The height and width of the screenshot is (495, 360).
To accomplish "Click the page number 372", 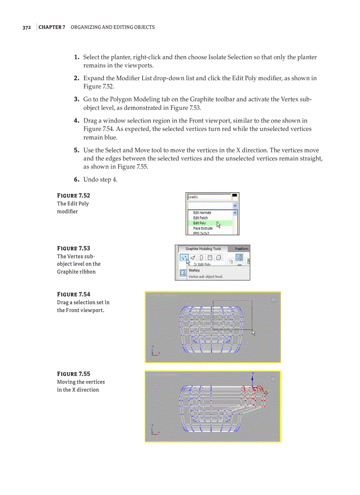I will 26,27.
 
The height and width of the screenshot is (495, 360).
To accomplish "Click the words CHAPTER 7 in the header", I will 52,27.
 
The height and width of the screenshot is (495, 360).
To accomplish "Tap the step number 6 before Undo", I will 76,179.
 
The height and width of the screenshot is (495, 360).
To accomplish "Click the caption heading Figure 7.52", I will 73,195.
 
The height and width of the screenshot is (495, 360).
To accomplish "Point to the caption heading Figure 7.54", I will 73,294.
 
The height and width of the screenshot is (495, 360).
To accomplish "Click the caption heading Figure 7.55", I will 73,374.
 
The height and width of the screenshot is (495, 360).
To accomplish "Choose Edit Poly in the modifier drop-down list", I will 199,223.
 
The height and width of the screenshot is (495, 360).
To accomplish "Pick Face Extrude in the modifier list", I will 202,228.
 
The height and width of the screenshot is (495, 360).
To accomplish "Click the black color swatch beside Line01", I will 235,195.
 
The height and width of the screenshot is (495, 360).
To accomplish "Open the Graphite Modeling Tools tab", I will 203,249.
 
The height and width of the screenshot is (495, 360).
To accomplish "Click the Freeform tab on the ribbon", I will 241,249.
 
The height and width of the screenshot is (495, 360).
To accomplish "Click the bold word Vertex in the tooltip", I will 194,270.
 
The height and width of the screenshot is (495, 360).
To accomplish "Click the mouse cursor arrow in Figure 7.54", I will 254,333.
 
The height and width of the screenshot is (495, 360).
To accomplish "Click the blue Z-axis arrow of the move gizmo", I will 252,379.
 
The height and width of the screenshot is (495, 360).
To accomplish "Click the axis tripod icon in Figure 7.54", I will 154,351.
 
